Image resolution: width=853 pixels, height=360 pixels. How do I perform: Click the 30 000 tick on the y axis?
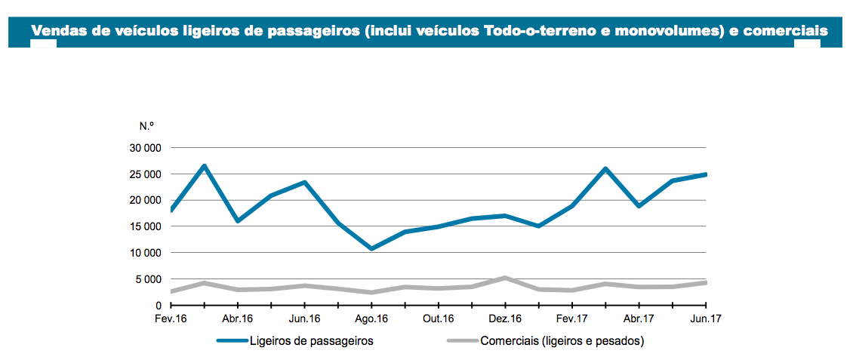pyautogui.click(x=146, y=148)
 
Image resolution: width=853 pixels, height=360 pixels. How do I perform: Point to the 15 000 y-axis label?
pyautogui.click(x=146, y=226)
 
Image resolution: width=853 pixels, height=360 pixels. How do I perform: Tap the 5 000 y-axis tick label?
pyautogui.click(x=149, y=279)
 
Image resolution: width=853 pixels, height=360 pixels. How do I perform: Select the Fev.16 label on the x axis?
pyautogui.click(x=171, y=318)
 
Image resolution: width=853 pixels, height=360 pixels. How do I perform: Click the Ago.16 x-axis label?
pyautogui.click(x=371, y=318)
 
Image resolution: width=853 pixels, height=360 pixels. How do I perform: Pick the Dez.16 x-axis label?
pyautogui.click(x=505, y=318)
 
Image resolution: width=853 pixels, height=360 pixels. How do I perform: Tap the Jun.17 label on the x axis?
pyautogui.click(x=706, y=318)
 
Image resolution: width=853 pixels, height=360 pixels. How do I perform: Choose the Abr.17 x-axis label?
pyautogui.click(x=639, y=318)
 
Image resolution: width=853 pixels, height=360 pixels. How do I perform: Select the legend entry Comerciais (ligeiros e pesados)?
pyautogui.click(x=562, y=341)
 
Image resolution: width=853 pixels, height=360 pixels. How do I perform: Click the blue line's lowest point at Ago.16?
pyautogui.click(x=371, y=248)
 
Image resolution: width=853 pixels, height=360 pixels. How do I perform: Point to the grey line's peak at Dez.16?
pyautogui.click(x=505, y=278)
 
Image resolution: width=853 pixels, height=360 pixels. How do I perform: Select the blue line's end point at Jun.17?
pyautogui.click(x=705, y=174)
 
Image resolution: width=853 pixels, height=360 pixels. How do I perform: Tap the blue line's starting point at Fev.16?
pyautogui.click(x=172, y=210)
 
